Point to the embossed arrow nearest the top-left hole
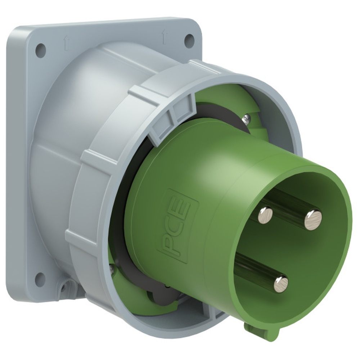(x=67, y=44)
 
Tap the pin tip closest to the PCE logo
(x=265, y=215)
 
